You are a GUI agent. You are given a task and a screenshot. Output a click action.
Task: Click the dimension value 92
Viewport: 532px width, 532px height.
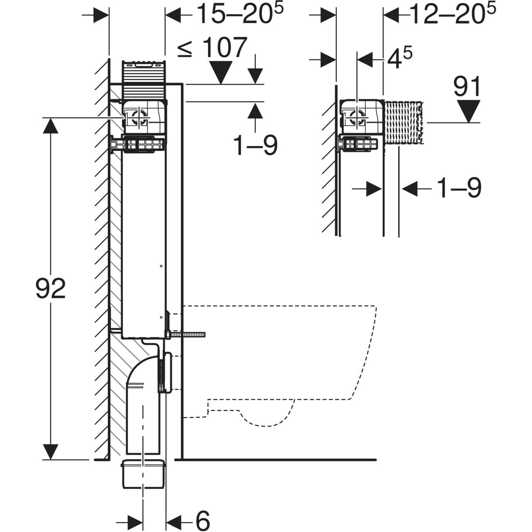point(51,289)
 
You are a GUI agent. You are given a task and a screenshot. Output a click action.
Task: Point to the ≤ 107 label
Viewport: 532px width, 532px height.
point(212,48)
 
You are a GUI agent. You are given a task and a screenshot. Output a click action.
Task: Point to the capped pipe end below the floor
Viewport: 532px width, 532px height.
point(143,474)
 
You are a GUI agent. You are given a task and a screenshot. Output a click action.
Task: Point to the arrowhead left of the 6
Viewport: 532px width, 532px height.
point(133,518)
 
